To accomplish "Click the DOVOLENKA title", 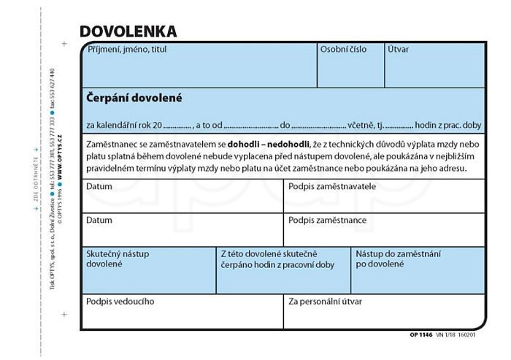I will [x=128, y=31].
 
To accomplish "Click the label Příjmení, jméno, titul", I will [x=122, y=50].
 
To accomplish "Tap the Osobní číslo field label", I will [x=343, y=50].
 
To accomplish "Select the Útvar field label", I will [x=399, y=50].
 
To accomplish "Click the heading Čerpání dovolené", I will [x=134, y=97].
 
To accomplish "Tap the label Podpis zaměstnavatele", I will [x=332, y=187].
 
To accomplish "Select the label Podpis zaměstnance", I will [x=327, y=220].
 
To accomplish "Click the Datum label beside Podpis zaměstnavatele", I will [x=99, y=187].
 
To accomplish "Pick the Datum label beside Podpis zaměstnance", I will [x=99, y=220].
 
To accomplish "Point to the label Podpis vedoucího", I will [x=120, y=301].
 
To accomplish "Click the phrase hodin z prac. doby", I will [x=448, y=125].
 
